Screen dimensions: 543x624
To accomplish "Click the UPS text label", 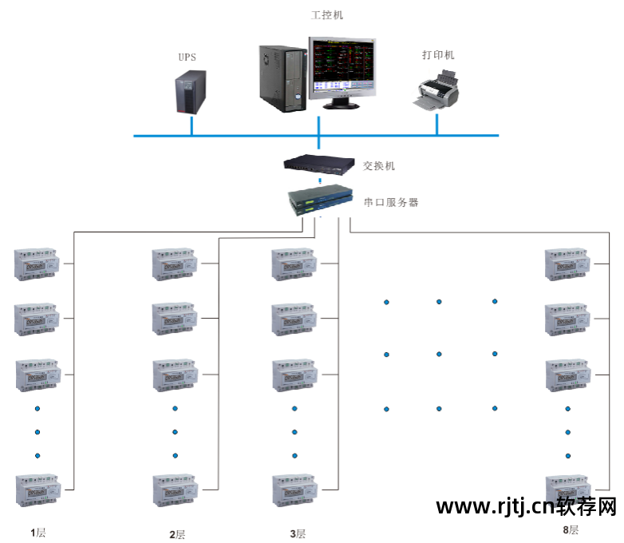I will (x=187, y=57).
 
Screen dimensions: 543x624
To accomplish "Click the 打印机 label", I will (x=438, y=55).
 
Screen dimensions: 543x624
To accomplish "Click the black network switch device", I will (x=319, y=164).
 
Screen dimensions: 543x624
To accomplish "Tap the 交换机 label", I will (x=379, y=166).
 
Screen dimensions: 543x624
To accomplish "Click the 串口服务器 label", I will (x=391, y=202).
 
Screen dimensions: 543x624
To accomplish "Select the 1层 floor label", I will (x=38, y=533).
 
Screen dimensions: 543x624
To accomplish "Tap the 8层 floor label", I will (x=570, y=529).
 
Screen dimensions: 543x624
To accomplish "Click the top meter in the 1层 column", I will (x=38, y=264).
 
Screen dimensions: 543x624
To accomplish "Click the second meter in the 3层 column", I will (x=294, y=319).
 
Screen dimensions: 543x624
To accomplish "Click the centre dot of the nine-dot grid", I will (x=439, y=354).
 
